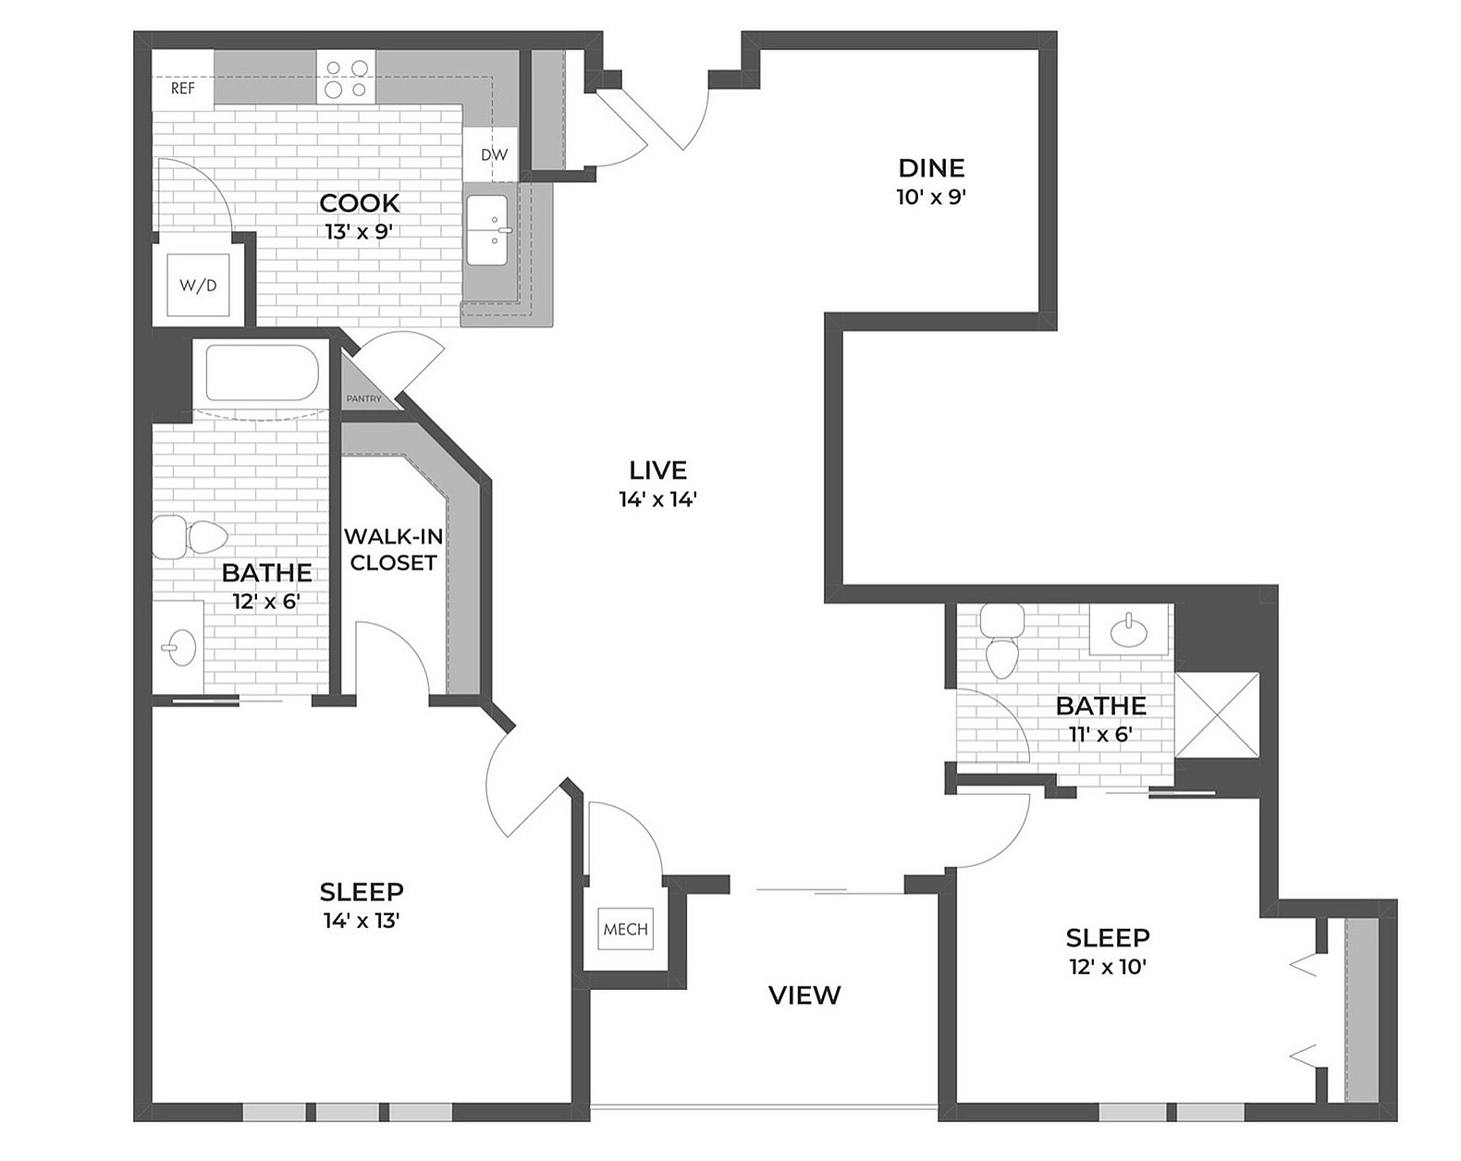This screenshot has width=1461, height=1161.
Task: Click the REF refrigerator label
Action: coord(183,89)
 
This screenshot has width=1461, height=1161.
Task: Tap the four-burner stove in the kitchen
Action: coord(346,78)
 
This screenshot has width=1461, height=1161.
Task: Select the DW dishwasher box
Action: coord(494,155)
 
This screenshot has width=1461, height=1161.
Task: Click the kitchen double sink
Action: coord(487,230)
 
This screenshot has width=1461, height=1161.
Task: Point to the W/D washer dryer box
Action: coord(198,286)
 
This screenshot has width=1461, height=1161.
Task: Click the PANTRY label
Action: coord(363,399)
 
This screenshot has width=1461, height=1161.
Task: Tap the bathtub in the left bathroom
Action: coord(263,373)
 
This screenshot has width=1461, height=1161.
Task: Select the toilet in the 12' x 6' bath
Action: coord(190,537)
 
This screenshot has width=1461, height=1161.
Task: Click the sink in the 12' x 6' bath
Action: coord(178,646)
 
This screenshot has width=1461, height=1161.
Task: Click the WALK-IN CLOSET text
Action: coord(393,549)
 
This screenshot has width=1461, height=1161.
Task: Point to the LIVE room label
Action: coord(657,471)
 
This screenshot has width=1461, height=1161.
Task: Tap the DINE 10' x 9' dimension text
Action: coord(931,197)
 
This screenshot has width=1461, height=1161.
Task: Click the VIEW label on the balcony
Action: coord(804,996)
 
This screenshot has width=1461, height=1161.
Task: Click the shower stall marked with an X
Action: coord(1217,715)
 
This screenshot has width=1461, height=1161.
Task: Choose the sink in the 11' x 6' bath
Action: coord(1129,631)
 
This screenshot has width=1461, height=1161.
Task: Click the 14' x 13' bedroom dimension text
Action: coord(362,921)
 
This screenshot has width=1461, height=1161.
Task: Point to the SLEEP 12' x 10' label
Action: coord(1107,938)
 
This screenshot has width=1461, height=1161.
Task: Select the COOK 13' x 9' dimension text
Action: coord(360,232)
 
